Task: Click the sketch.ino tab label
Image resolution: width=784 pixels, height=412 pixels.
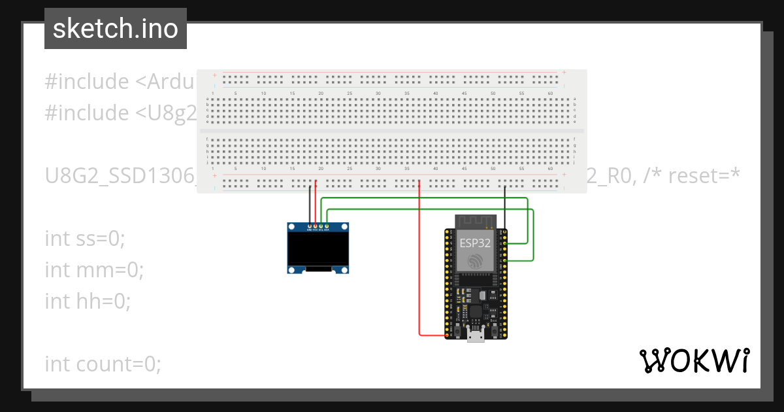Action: [115, 29]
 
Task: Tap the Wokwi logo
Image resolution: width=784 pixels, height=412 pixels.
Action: [694, 360]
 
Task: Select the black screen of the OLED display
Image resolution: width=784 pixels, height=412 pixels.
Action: [318, 249]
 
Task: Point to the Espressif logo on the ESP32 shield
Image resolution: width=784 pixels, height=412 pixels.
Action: [476, 261]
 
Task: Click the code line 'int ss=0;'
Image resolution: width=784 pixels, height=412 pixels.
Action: [84, 238]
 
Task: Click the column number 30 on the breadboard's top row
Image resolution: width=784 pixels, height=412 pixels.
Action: [378, 94]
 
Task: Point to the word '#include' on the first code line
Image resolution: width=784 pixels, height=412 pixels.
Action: [87, 82]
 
